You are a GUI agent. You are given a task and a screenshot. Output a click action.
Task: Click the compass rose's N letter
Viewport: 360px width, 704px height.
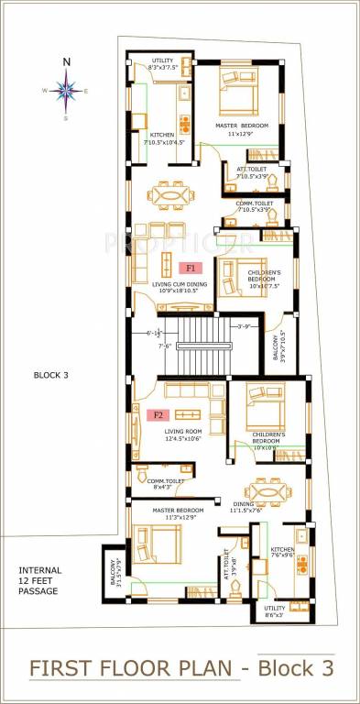[x=66, y=62]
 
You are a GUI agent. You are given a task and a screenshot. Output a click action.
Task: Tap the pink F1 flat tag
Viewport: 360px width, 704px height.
[x=191, y=269]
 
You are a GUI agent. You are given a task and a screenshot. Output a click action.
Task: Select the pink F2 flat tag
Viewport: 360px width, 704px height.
[x=157, y=414]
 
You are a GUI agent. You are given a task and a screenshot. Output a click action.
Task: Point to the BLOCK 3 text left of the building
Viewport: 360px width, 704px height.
[x=50, y=375]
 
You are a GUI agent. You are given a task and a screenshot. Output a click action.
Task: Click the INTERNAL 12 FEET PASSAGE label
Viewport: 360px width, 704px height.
[x=38, y=581]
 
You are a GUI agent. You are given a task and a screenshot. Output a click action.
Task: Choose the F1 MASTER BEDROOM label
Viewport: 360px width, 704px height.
[x=241, y=130]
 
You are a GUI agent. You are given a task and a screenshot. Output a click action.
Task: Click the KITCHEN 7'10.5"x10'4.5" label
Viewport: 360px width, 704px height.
[x=163, y=138]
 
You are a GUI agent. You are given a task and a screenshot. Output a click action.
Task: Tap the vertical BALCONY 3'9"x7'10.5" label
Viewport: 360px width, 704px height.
[x=278, y=343]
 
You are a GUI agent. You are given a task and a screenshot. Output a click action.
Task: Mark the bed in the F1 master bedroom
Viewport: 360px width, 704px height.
[x=240, y=93]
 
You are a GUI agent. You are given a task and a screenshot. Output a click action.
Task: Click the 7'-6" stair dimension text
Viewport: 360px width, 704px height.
[x=166, y=346]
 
